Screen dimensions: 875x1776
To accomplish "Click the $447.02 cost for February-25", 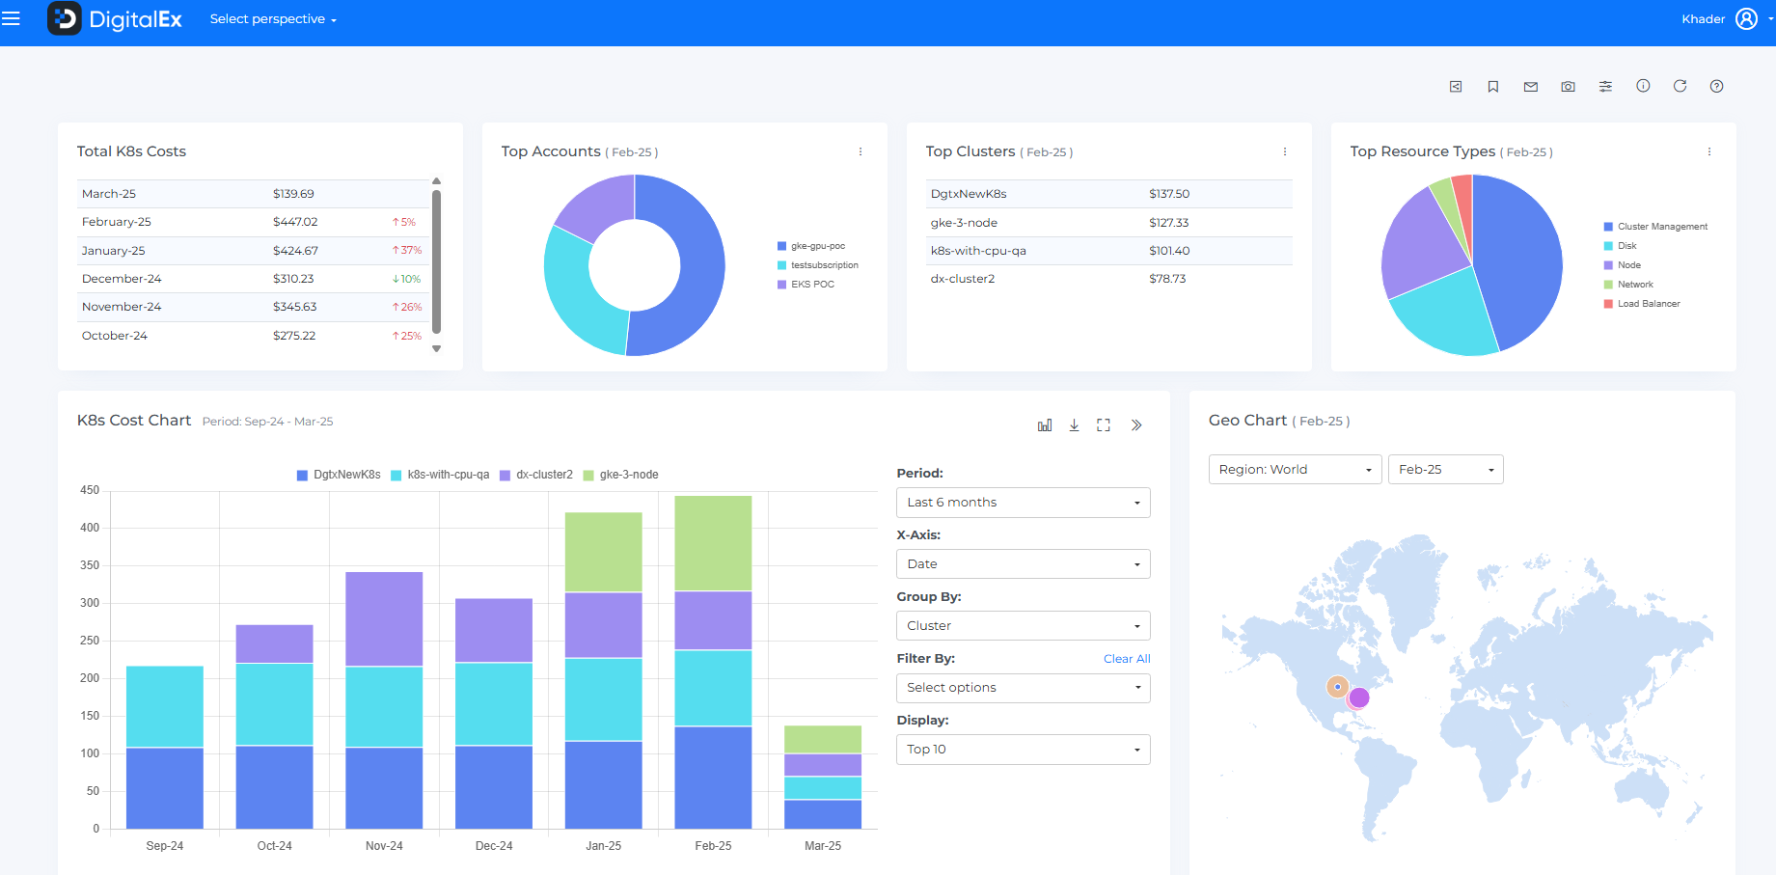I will tap(294, 222).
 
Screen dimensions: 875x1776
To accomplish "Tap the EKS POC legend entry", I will tap(811, 285).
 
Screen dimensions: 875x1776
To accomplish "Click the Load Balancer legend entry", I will tap(1648, 304).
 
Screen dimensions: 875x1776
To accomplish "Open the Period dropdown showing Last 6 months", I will tap(1023, 503).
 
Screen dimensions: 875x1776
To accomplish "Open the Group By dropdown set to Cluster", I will tap(1023, 626).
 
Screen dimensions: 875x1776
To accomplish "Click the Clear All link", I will tap(1126, 659).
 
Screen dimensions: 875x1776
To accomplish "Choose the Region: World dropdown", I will tap(1295, 470).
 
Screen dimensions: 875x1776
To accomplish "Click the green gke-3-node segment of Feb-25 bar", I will tap(713, 543).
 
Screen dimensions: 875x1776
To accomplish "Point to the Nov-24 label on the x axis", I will tap(384, 846).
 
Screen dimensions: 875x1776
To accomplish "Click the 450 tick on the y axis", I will tap(90, 490).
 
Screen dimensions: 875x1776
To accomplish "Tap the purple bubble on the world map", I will tap(1359, 697).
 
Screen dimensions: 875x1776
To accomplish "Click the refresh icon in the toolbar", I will tap(1680, 86).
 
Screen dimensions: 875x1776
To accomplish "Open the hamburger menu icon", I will tap(11, 19).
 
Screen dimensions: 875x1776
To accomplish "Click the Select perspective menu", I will tap(273, 19).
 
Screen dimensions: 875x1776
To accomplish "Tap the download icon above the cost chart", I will tap(1074, 425).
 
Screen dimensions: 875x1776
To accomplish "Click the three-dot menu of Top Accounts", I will tap(861, 151).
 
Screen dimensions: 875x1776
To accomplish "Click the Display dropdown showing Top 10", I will tap(1023, 750).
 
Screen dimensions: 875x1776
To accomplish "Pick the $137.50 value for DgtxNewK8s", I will tap(1168, 194).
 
